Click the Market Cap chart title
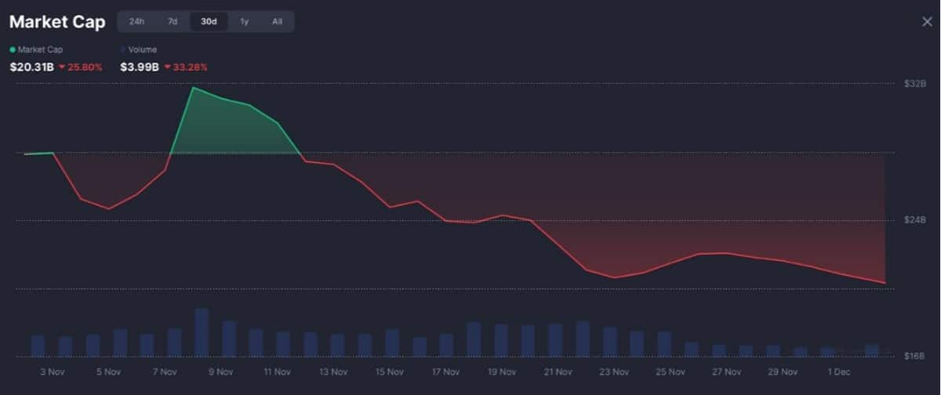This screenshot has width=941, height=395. (x=57, y=22)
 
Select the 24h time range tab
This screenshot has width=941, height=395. (x=136, y=22)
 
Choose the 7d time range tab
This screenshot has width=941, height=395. (x=173, y=22)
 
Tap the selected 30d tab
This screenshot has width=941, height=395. (x=209, y=22)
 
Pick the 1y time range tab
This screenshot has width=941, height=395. (x=245, y=22)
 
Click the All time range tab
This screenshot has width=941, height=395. (x=277, y=22)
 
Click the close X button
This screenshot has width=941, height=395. (x=927, y=22)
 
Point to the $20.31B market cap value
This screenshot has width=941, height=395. (x=31, y=67)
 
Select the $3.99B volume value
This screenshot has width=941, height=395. (x=140, y=67)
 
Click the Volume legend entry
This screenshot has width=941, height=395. (x=142, y=49)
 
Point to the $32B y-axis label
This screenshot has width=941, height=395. (x=915, y=83)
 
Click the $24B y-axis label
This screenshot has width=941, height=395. (x=915, y=220)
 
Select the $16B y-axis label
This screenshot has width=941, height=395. (x=915, y=357)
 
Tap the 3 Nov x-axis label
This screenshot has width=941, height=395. (x=52, y=371)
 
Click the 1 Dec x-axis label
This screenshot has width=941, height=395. (x=838, y=371)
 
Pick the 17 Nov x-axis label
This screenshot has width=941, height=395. (x=445, y=371)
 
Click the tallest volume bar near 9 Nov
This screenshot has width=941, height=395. (x=202, y=332)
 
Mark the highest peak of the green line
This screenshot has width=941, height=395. (x=193, y=87)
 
